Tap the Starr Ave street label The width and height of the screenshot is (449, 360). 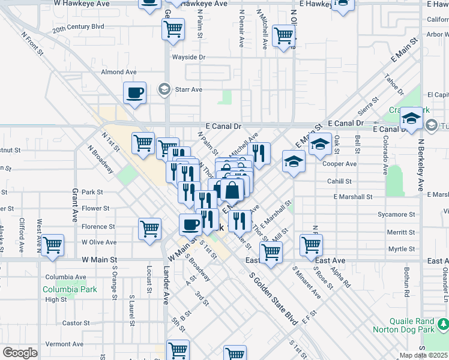(x=188, y=89)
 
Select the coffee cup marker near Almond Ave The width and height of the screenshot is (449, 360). (x=134, y=93)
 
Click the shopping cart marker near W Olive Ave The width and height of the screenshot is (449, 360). (x=149, y=228)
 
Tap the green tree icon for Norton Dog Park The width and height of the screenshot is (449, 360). (x=443, y=325)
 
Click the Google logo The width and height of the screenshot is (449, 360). (x=20, y=352)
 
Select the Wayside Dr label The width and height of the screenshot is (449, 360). (x=188, y=58)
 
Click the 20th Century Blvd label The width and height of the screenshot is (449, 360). (x=78, y=27)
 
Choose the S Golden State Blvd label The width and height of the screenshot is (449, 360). (x=273, y=299)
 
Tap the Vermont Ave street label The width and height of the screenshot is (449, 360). (x=64, y=344)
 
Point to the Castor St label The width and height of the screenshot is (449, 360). (x=76, y=323)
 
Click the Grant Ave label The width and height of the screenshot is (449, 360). (x=76, y=205)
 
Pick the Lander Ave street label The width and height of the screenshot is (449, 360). (x=166, y=286)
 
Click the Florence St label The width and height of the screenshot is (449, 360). (x=98, y=227)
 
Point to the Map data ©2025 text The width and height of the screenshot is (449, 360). (x=424, y=356)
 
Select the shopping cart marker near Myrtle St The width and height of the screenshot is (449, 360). (x=311, y=244)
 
